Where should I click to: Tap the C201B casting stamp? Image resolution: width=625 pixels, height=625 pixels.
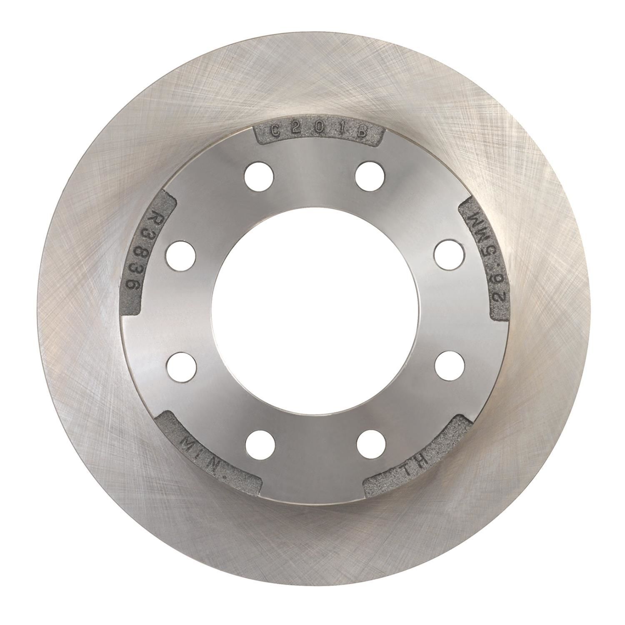318,131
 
